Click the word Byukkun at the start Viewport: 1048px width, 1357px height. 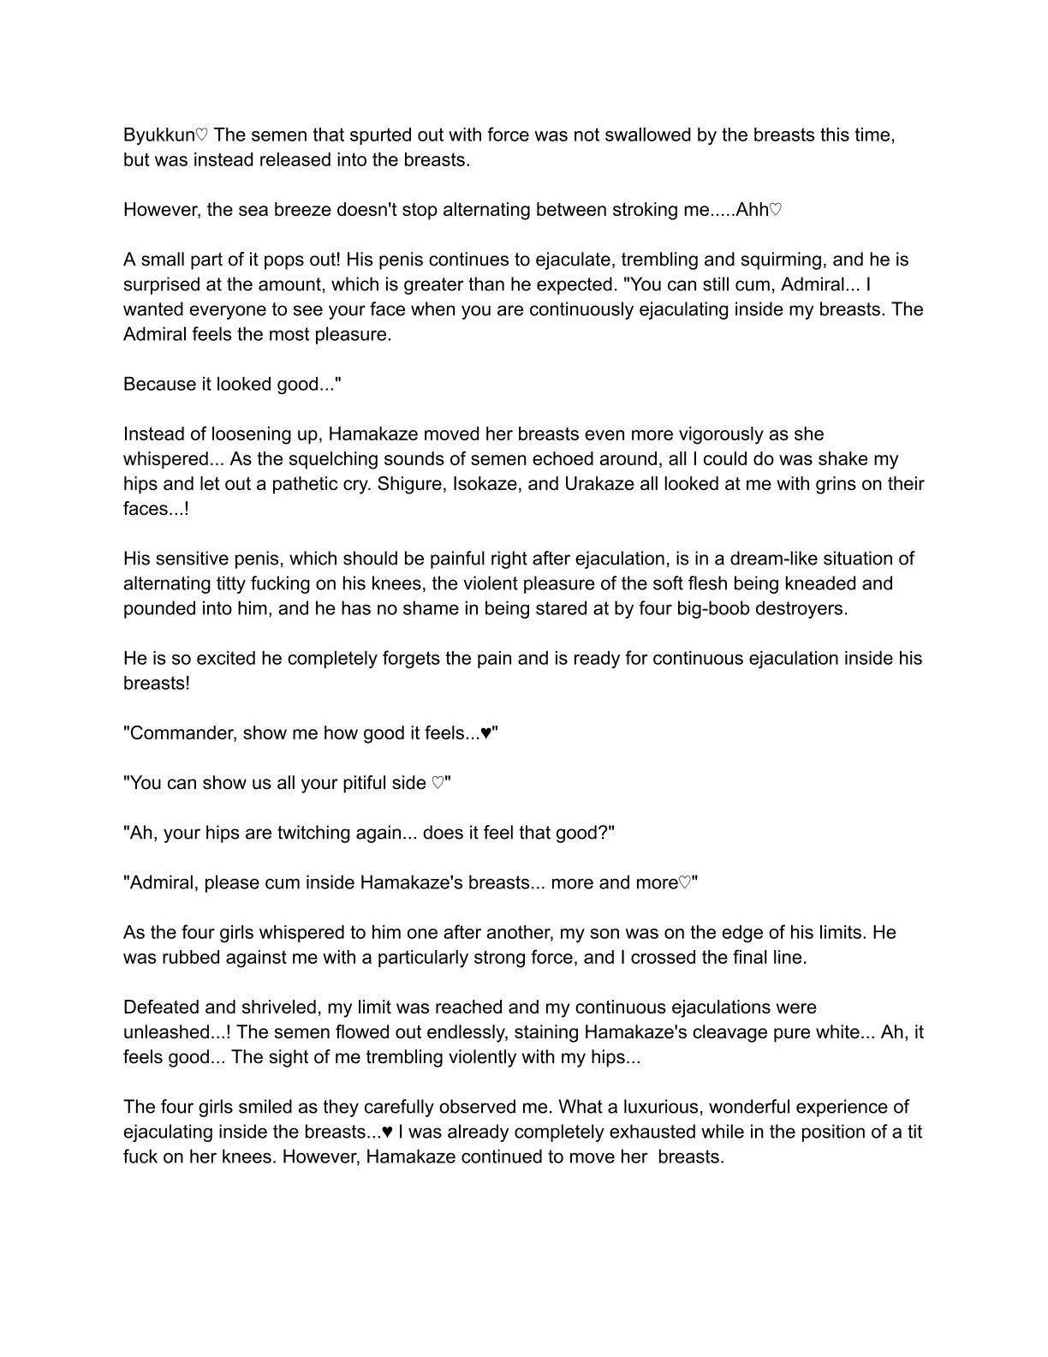tap(158, 135)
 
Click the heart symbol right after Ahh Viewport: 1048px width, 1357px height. tap(776, 210)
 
